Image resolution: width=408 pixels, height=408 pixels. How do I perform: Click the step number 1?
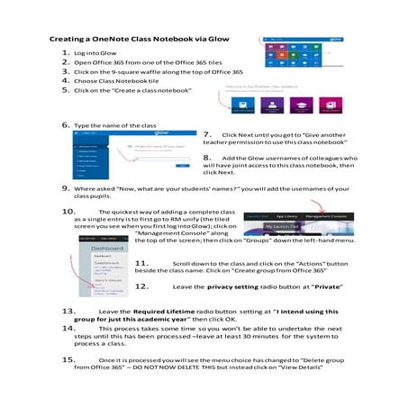tap(66, 54)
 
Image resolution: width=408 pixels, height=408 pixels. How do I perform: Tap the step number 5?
tap(66, 90)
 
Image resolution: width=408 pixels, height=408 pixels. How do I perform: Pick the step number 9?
tap(66, 188)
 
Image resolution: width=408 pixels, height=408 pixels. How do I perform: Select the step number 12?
tap(141, 286)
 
